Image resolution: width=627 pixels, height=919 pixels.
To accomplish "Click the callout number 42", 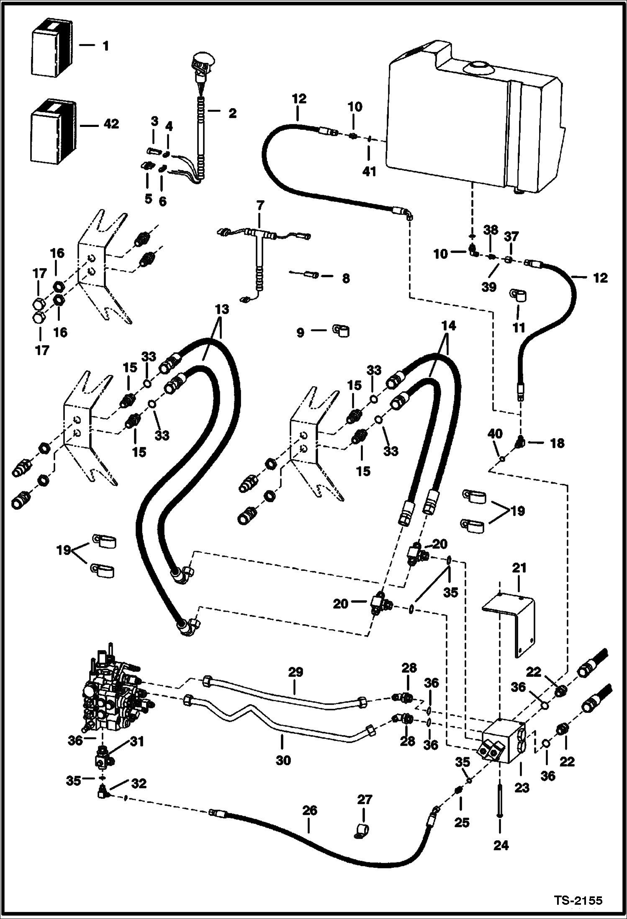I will coord(110,124).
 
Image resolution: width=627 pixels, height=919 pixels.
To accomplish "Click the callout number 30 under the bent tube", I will coord(283,760).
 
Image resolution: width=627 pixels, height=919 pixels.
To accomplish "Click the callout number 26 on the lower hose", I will coord(310,811).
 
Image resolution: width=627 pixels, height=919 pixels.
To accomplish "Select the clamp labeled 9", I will coord(341,331).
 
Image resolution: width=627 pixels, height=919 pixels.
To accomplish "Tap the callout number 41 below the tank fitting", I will coord(369,171).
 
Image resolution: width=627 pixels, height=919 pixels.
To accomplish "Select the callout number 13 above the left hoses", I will coord(222,310).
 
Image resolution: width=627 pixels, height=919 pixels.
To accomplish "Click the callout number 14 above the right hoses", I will coord(448,325).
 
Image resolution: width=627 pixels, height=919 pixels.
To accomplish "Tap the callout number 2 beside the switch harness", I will coord(232,113).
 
